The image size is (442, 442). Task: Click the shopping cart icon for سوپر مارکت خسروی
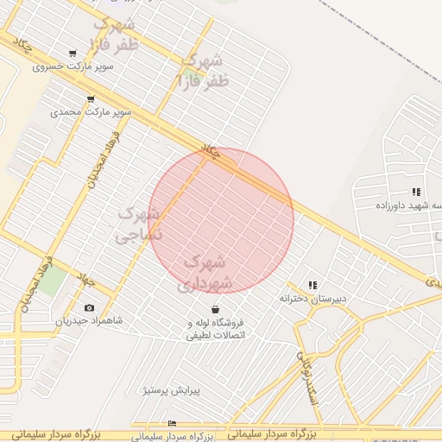(72, 54)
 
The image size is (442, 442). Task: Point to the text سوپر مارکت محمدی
(91, 112)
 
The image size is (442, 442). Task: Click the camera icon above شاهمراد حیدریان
(89, 307)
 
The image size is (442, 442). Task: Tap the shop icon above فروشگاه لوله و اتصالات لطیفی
(215, 309)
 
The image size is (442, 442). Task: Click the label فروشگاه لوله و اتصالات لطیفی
(216, 329)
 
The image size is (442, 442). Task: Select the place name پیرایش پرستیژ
(172, 390)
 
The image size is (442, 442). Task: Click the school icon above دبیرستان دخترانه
(313, 285)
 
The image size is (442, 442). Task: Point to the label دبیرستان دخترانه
(313, 298)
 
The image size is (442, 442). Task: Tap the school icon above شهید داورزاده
(416, 192)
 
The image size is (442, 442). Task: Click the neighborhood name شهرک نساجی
(138, 222)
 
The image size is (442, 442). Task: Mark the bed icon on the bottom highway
(172, 423)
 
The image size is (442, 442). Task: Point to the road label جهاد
(86, 280)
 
